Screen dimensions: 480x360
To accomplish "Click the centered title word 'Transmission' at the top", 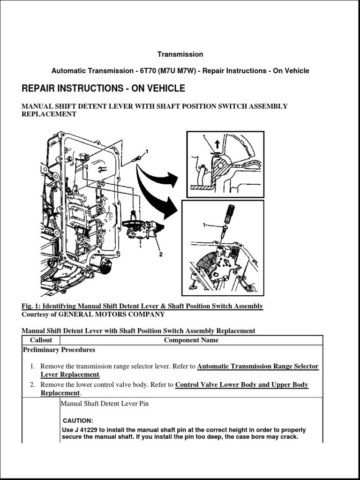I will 180,54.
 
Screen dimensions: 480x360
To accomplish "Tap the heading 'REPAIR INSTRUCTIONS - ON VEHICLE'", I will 103,89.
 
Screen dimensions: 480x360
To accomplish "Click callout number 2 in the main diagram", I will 160,255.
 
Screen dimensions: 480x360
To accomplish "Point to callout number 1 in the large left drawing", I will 147,151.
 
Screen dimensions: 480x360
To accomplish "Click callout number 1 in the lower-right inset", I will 204,225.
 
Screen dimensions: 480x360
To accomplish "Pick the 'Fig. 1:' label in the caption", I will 30,306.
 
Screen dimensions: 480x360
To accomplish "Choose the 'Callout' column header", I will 41,340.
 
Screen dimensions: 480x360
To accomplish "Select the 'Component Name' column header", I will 191,340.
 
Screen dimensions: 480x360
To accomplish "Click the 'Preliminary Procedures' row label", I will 59,350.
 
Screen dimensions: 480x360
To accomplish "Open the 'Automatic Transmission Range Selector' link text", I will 258,366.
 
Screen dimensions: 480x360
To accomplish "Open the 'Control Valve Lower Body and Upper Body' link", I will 241,385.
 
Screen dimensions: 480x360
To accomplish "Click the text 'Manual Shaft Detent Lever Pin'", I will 105,403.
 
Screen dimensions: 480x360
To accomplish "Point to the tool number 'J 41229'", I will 85,430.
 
